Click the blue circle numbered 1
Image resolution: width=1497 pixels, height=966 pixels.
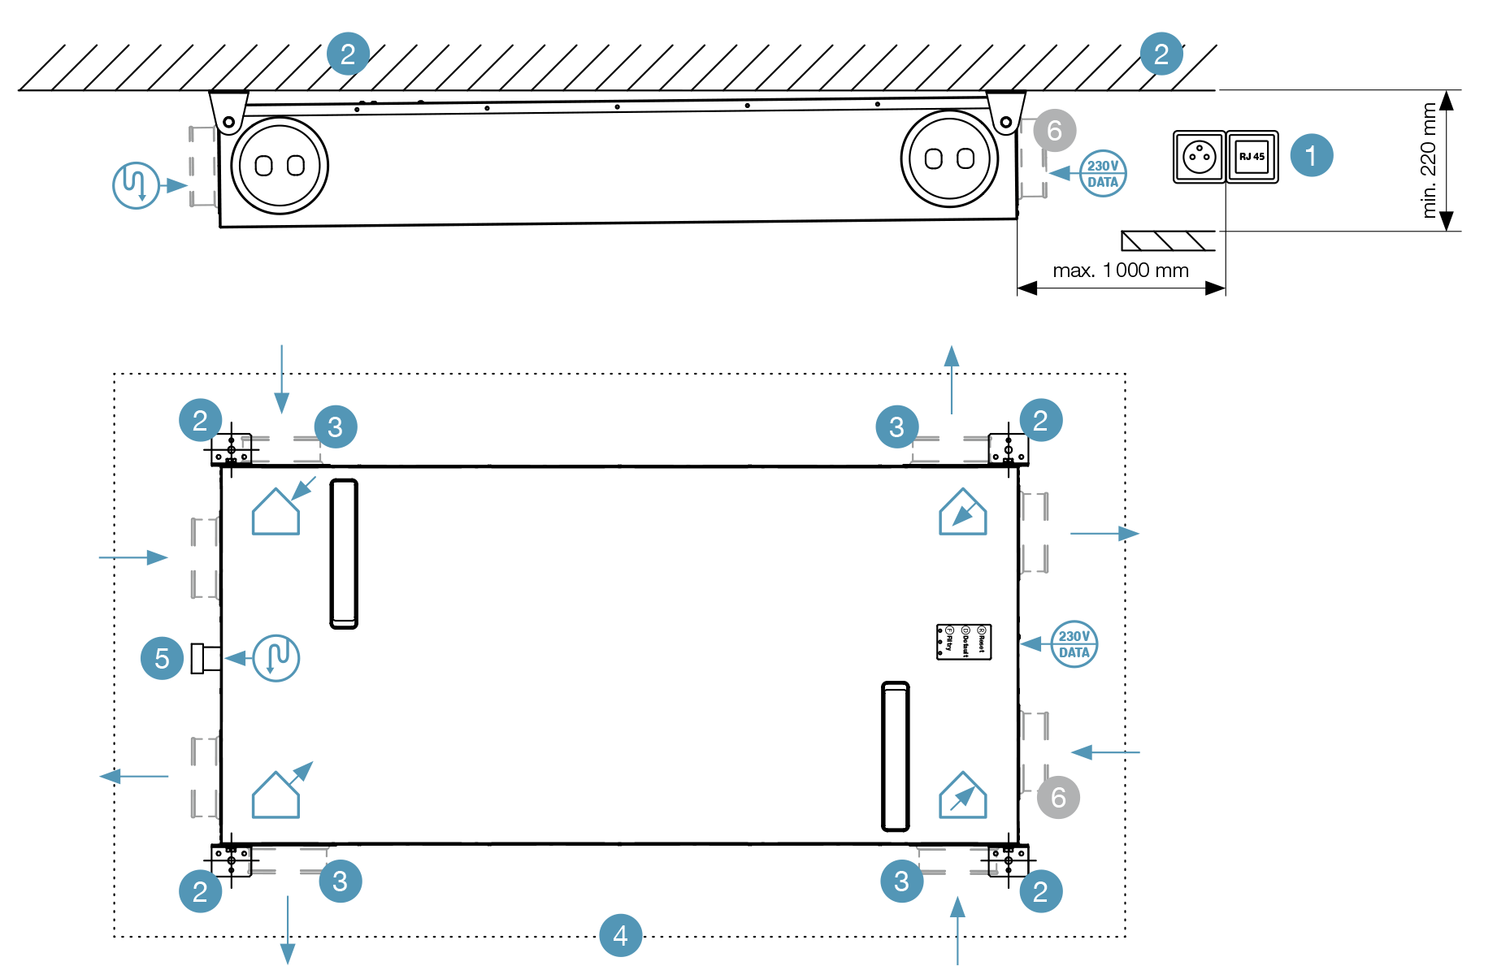point(1311,155)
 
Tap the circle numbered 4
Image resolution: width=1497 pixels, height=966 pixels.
point(620,935)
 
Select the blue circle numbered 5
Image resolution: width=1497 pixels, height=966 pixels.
point(162,658)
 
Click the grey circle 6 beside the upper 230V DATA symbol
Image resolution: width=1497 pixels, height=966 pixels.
point(1054,130)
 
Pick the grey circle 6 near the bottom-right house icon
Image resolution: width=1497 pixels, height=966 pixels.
point(1058,797)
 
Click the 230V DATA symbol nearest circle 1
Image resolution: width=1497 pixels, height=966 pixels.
point(1103,173)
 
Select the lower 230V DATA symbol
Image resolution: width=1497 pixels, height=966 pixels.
point(1074,644)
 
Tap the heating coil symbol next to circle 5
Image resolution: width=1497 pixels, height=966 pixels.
point(276,658)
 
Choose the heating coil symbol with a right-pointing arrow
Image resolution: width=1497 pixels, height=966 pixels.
point(136,185)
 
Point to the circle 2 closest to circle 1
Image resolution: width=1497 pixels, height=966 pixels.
point(1161,54)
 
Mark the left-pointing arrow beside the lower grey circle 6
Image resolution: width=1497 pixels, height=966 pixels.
point(1104,752)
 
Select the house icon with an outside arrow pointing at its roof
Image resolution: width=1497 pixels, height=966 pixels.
point(276,511)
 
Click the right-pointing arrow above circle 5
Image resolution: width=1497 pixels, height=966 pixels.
point(133,557)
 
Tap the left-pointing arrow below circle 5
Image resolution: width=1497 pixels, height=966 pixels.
point(133,776)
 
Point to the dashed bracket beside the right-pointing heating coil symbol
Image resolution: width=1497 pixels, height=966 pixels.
point(202,167)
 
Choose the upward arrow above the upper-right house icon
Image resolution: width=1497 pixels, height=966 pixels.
point(952,379)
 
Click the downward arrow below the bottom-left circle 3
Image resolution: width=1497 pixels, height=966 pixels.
point(288,930)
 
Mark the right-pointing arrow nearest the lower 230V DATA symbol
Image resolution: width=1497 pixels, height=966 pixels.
point(1104,533)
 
